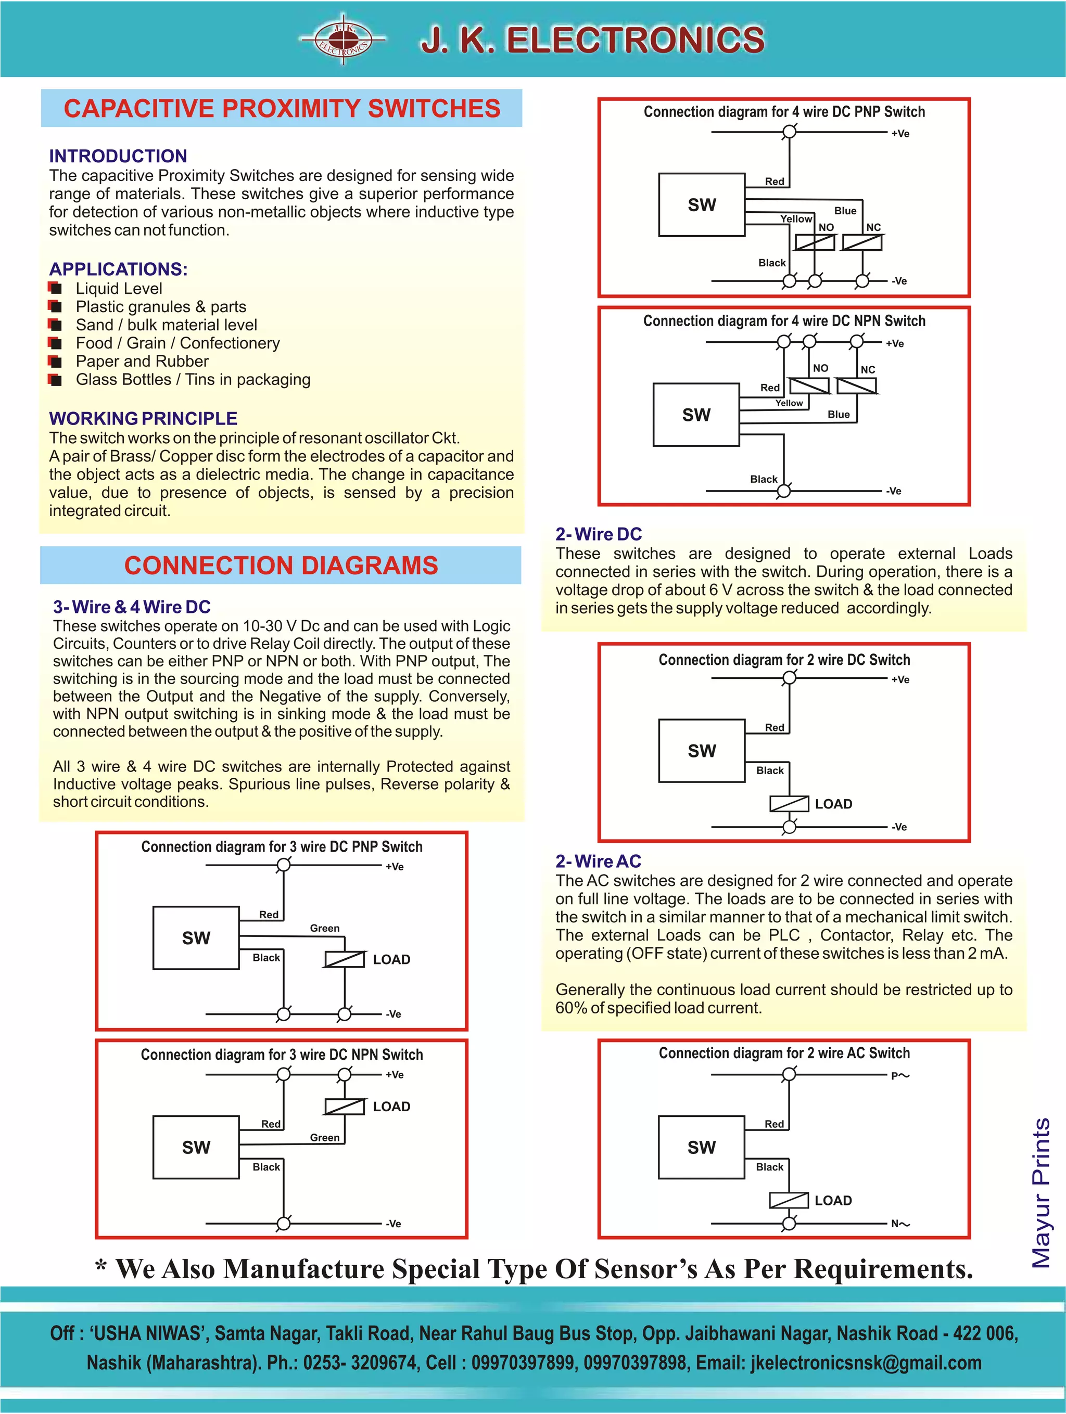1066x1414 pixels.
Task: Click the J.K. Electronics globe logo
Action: [x=344, y=40]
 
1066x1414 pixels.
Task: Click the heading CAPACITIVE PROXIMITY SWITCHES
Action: [x=282, y=109]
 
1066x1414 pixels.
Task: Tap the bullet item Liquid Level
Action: [x=119, y=288]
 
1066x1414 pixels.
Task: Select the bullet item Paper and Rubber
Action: [x=142, y=361]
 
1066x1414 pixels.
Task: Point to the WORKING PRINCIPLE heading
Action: [x=143, y=418]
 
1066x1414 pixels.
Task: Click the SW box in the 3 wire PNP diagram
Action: [x=196, y=938]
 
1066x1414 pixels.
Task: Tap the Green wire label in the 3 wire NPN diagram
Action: [x=324, y=1137]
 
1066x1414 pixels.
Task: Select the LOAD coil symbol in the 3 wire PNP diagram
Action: [x=345, y=959]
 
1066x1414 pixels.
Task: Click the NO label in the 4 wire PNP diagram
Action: [x=826, y=227]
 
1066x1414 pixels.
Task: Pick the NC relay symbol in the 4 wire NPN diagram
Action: [x=856, y=385]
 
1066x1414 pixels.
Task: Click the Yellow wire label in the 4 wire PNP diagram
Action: [x=795, y=218]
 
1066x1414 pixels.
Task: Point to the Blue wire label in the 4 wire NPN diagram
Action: [x=839, y=414]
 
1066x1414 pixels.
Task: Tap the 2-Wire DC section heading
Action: [x=598, y=534]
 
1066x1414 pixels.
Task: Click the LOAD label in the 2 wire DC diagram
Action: [x=833, y=804]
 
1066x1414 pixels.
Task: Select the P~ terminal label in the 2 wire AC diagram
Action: [x=900, y=1076]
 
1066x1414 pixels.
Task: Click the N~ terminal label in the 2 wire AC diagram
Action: [x=900, y=1224]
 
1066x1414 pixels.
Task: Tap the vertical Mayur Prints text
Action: [x=1041, y=1192]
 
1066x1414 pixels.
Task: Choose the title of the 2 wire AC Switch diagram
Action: [x=784, y=1053]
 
